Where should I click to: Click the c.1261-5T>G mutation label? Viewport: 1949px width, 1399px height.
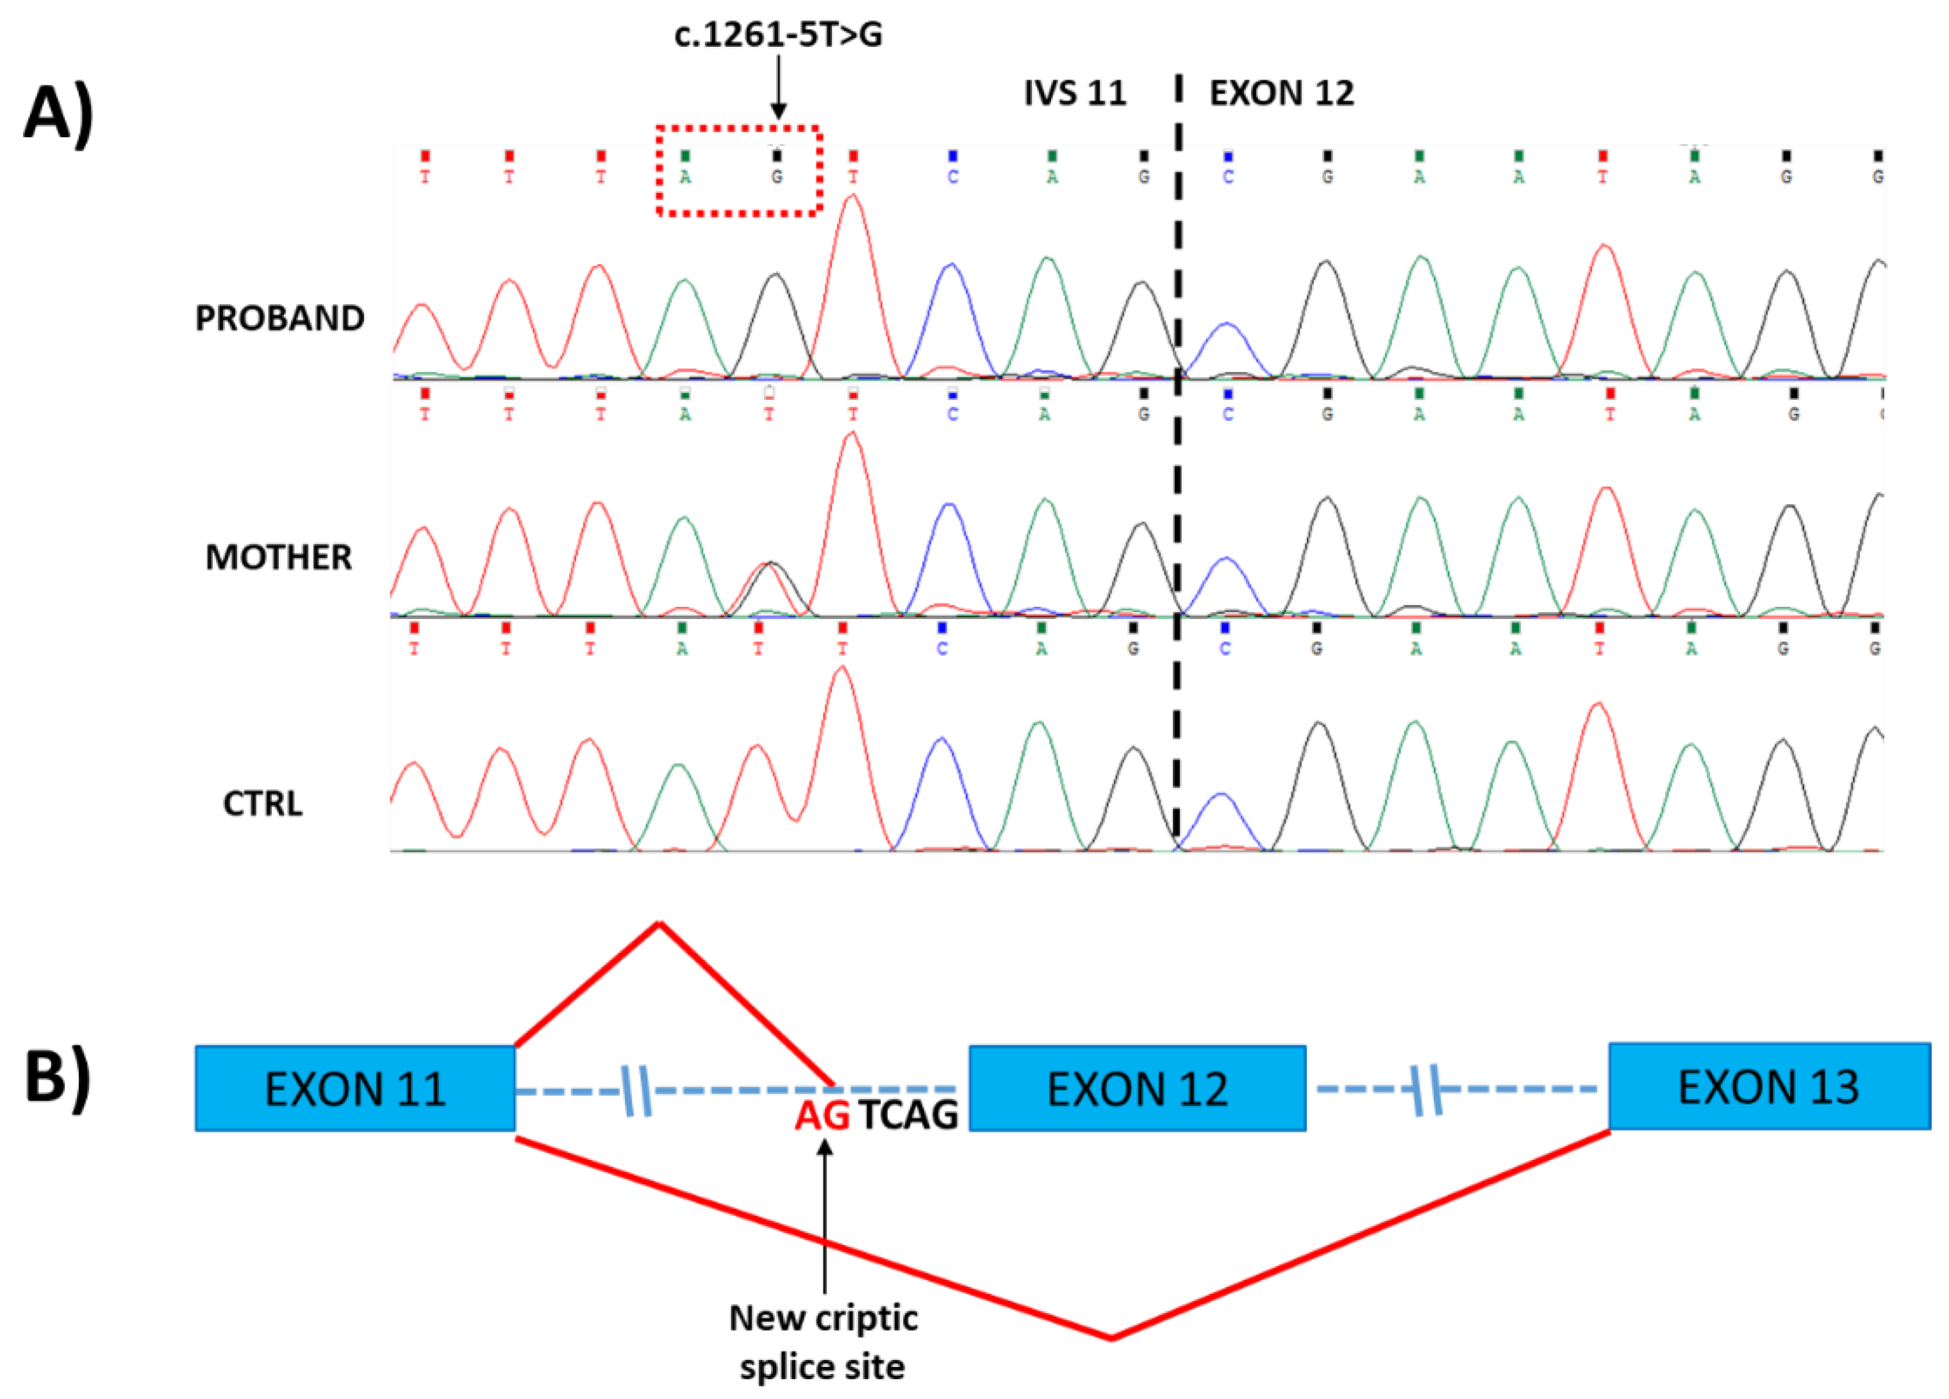pyautogui.click(x=777, y=35)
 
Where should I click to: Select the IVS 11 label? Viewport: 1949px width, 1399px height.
pyautogui.click(x=1074, y=93)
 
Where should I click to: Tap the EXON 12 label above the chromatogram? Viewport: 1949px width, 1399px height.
pyautogui.click(x=1281, y=93)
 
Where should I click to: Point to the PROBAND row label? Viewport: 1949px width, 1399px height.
pyautogui.click(x=279, y=318)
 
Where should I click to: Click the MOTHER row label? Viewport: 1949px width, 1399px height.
pyautogui.click(x=278, y=558)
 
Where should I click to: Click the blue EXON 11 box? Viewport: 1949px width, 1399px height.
pyautogui.click(x=355, y=1088)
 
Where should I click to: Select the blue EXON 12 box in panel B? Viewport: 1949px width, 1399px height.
pyautogui.click(x=1137, y=1088)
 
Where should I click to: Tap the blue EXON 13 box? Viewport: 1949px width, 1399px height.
pyautogui.click(x=1768, y=1086)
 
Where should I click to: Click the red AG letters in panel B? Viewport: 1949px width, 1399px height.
pyautogui.click(x=822, y=1115)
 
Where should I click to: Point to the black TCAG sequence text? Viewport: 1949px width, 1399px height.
pyautogui.click(x=908, y=1115)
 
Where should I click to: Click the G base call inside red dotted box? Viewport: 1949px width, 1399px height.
pyautogui.click(x=777, y=177)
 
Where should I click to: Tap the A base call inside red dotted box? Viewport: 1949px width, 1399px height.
pyautogui.click(x=685, y=177)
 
